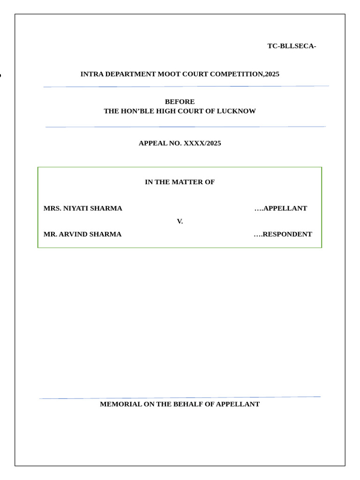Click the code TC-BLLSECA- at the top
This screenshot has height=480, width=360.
coord(292,46)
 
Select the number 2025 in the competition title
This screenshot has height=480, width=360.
coord(272,74)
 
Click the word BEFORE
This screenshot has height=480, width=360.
coord(180,102)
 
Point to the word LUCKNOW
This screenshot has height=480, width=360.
coord(236,111)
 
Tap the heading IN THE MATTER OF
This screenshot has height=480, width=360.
coord(180,182)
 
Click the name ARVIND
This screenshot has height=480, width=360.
coord(76,234)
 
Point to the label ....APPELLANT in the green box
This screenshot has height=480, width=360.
coord(281,208)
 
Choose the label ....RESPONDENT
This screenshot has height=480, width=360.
coord(283,234)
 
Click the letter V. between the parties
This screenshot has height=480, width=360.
coord(180,221)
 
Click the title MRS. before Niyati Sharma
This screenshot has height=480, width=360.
coord(52,208)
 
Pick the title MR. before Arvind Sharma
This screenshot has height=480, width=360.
coord(50,234)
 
